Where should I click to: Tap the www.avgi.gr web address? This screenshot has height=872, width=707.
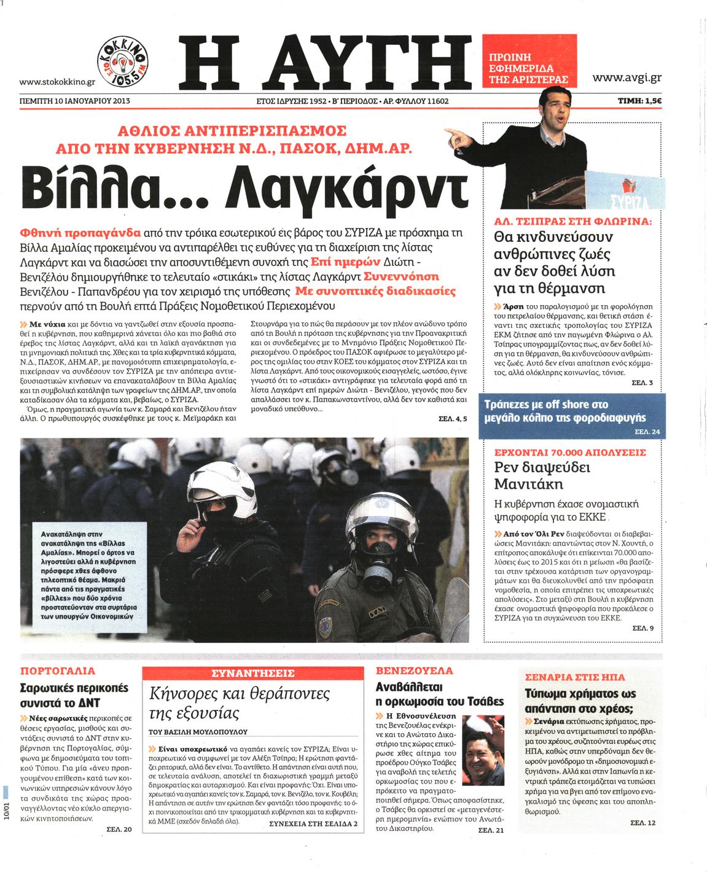coord(627,77)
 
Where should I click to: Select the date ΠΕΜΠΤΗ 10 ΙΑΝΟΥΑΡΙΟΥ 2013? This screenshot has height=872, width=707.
coord(75,101)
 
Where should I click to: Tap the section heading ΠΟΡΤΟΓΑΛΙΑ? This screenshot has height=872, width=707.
coord(58,671)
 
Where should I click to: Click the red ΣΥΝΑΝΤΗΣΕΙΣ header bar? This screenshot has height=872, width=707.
coord(252,674)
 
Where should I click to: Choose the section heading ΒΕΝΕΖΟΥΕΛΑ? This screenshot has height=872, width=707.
coord(414,671)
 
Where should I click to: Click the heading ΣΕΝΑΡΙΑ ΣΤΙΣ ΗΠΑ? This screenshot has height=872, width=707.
coord(575,677)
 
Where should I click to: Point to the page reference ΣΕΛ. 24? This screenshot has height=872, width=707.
coord(647,432)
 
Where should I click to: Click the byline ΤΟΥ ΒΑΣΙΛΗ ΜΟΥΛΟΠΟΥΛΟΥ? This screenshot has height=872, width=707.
coord(198,732)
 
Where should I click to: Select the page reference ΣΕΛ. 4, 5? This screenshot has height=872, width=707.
coord(453,419)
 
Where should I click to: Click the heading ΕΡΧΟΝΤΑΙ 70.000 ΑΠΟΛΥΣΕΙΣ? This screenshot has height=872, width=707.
coord(570,453)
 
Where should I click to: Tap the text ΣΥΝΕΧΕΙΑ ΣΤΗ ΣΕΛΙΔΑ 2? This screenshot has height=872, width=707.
coord(313,823)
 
